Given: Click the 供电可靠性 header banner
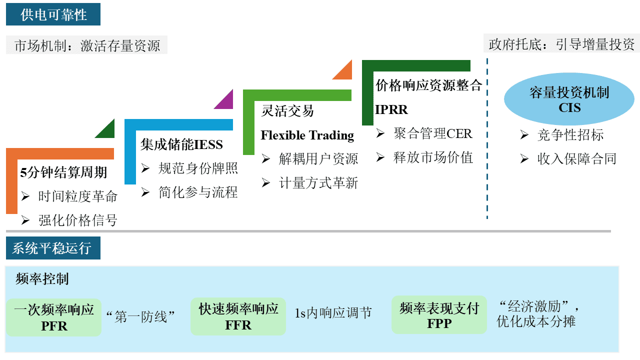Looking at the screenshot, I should click(53, 14).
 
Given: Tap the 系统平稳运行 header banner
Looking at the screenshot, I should click(53, 248).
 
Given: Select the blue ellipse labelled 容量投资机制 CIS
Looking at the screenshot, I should click(569, 99).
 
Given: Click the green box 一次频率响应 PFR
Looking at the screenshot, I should click(54, 317).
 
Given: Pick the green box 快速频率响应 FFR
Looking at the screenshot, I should click(238, 316).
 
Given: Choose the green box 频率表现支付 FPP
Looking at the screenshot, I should click(439, 315).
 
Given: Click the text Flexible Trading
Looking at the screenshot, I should click(307, 135).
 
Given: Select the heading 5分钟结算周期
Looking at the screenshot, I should click(63, 172).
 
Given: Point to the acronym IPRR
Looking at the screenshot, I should click(391, 109).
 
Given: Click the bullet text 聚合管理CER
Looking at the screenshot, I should click(432, 133).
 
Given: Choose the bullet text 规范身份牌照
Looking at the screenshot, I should click(198, 168).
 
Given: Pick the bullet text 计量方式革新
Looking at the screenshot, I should click(318, 183).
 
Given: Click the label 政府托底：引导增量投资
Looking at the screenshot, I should click(561, 44).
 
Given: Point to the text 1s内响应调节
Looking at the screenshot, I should click(333, 313).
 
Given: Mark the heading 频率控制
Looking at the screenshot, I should click(42, 279).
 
